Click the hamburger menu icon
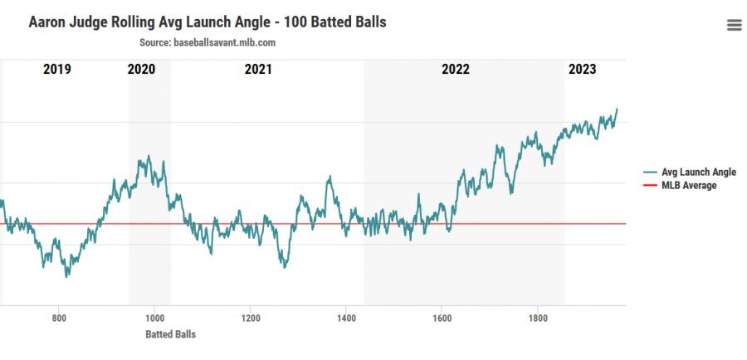(x=734, y=25)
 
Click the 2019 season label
(x=56, y=70)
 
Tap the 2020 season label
(x=141, y=70)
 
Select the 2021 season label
(x=258, y=70)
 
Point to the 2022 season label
(x=456, y=70)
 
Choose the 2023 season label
(x=582, y=70)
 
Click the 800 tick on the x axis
(x=58, y=318)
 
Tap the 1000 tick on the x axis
(x=154, y=318)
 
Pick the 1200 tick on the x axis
(x=250, y=318)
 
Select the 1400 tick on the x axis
(x=346, y=318)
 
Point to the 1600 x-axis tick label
(x=442, y=318)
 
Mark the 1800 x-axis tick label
(x=538, y=318)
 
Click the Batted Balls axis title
(x=170, y=334)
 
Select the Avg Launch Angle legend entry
(x=698, y=172)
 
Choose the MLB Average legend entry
(x=689, y=185)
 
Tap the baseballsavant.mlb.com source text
(x=224, y=42)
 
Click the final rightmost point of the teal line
(x=617, y=109)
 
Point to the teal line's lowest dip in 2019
(x=66, y=276)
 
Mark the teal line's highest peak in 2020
(x=149, y=155)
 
